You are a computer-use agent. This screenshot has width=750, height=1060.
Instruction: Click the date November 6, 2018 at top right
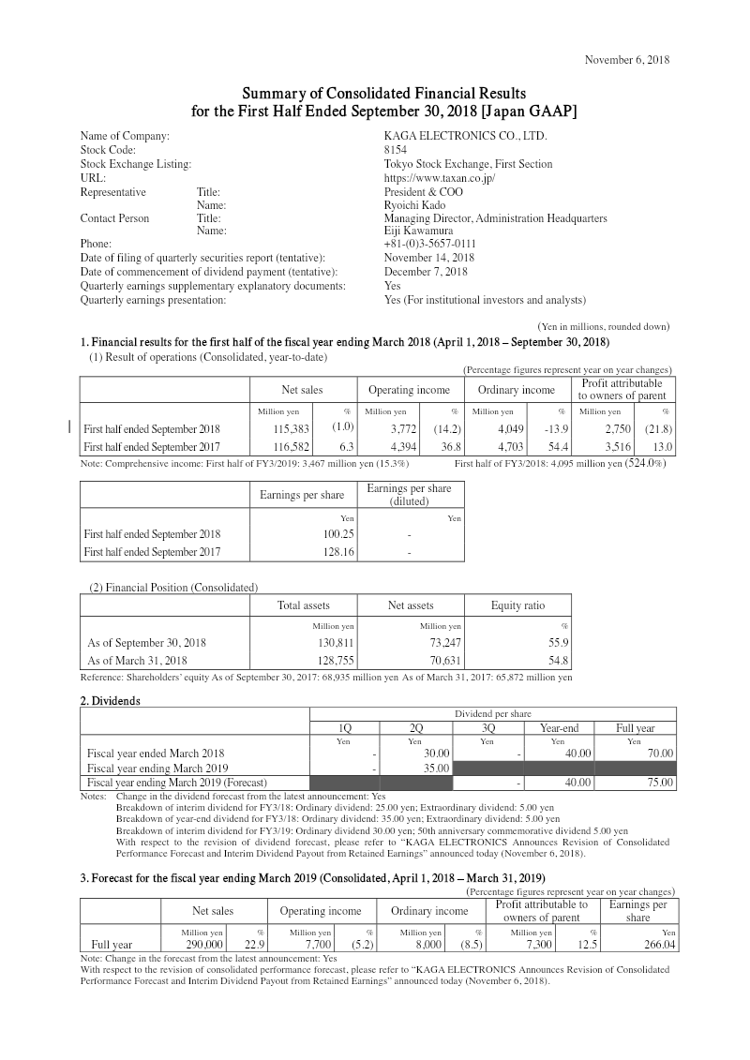[x=626, y=60]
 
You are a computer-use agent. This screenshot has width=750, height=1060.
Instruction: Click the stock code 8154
[x=396, y=150]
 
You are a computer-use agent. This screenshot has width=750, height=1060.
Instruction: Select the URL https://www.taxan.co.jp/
[x=440, y=178]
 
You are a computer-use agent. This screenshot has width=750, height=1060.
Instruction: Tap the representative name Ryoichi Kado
[x=415, y=205]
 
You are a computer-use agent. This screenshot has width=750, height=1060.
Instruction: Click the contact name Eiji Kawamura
[x=419, y=231]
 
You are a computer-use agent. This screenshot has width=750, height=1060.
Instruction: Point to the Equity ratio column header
[x=517, y=605]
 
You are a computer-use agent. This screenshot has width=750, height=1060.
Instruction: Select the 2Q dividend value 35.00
[x=435, y=768]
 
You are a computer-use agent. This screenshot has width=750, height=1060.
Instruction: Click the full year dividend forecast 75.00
[x=656, y=782]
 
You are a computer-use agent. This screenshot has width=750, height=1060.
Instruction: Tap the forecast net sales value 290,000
[x=205, y=945]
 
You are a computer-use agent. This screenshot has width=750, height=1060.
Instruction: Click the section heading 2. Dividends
[x=110, y=701]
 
